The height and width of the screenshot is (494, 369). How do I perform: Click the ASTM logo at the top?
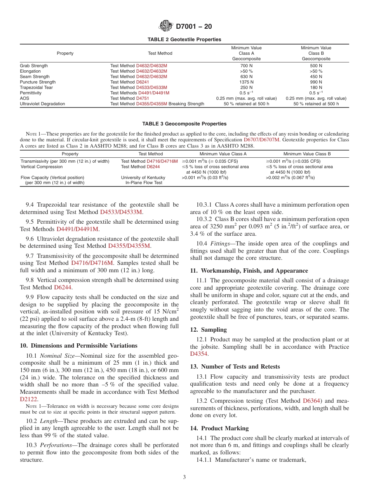point(166,26)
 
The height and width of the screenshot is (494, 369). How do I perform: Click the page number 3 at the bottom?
point(184,477)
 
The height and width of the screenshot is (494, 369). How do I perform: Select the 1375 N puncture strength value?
point(246,82)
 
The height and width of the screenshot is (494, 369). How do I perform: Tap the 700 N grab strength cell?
point(246,66)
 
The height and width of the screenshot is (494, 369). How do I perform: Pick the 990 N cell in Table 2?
point(316,82)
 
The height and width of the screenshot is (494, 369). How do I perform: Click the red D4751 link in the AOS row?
point(143,98)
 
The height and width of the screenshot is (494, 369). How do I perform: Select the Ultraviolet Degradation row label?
point(42,104)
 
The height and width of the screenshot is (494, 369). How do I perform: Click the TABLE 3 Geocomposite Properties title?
point(184,124)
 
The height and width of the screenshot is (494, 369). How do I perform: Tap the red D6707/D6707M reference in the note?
point(261,139)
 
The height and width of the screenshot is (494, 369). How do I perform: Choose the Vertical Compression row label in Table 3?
point(42,167)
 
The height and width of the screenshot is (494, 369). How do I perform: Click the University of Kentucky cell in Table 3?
point(143,177)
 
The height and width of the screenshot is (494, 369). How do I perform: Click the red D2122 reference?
point(27,398)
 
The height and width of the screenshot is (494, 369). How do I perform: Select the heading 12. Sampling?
point(208,330)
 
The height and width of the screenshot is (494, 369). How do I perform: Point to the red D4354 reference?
point(199,354)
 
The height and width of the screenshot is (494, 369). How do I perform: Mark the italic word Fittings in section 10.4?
point(219,244)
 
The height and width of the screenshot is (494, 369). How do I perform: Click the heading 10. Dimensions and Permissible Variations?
point(78,346)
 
